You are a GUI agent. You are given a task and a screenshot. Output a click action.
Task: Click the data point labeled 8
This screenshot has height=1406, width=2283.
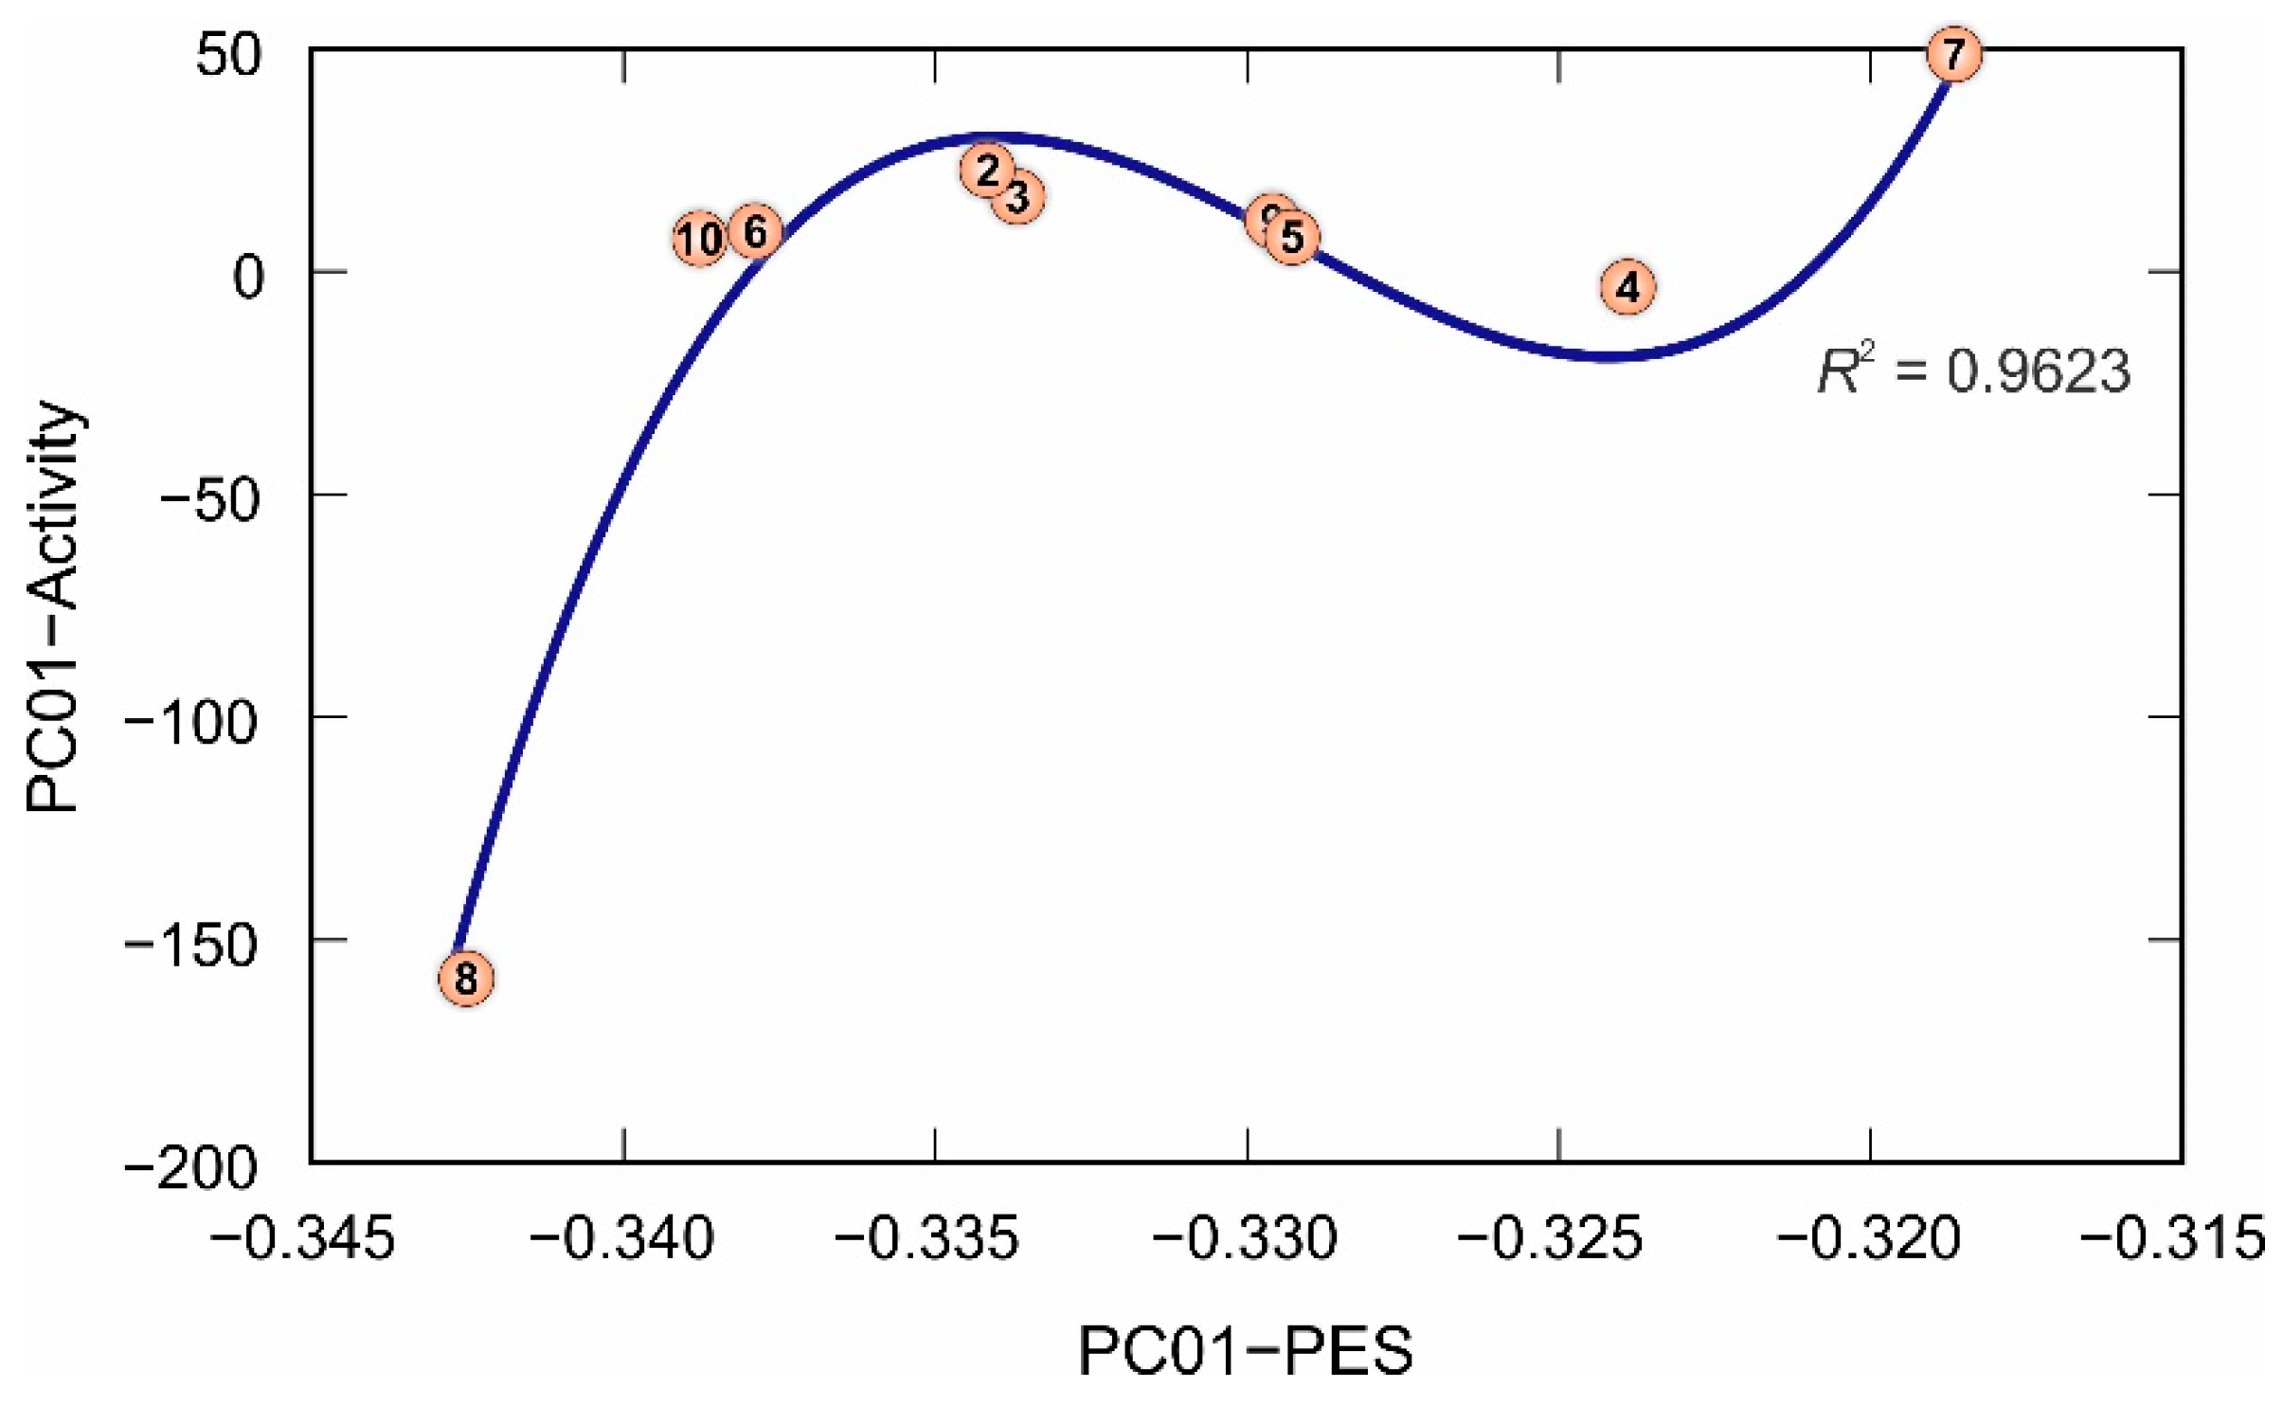coord(465,978)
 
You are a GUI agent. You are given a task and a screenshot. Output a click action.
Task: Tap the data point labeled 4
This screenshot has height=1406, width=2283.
coord(1627,286)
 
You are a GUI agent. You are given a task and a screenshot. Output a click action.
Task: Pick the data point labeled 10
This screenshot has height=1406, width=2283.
coord(700,240)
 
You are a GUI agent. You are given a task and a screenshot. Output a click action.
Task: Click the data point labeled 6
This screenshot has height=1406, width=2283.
coord(755,231)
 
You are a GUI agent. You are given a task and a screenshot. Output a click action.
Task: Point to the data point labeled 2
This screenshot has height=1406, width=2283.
coord(986,171)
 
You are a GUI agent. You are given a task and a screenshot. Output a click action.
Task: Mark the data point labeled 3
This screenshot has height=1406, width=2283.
coord(1018,198)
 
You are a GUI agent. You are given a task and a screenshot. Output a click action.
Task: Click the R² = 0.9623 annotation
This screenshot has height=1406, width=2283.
coord(1973,371)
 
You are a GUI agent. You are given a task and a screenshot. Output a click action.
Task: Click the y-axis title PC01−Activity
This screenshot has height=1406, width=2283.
coord(51,607)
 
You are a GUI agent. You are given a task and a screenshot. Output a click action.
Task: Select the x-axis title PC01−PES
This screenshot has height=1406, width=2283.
coord(1246,1351)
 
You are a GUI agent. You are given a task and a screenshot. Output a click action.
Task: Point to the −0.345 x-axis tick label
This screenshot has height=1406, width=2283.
coord(301,1239)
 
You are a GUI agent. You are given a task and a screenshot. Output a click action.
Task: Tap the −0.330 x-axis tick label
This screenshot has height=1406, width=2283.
coord(1246,1239)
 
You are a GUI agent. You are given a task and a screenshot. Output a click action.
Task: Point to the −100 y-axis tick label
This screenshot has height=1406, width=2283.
coord(191,723)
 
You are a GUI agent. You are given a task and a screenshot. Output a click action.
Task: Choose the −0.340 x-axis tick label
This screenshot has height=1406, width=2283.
coord(622,1239)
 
